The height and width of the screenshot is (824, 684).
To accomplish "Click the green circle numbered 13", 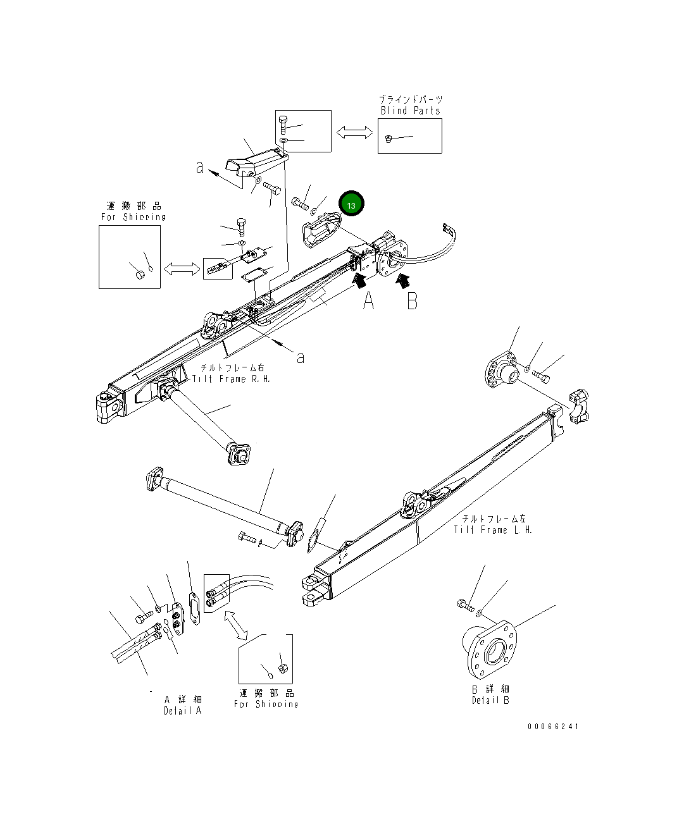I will point(351,204).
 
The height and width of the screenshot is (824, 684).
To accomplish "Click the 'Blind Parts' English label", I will point(410,111).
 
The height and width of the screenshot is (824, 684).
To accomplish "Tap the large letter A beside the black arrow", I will point(368,301).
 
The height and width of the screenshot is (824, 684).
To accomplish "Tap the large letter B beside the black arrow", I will point(412,301).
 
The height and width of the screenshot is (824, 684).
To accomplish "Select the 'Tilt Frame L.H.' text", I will point(493,530).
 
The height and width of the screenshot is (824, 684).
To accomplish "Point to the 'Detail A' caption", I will point(182,710).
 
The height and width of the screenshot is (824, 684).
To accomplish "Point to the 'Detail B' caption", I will point(490,700).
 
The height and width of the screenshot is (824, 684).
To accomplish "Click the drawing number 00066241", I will point(553,727).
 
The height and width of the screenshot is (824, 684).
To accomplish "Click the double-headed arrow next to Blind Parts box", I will point(354,132).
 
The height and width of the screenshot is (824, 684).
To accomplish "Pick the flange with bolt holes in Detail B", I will point(492,649).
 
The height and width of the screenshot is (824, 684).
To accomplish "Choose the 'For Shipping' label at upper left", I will point(134,217).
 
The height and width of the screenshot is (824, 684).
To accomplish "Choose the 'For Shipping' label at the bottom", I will point(266,704).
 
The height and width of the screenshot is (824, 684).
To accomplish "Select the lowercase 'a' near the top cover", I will point(200,168).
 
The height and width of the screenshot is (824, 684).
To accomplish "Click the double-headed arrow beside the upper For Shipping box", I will point(182,269).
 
